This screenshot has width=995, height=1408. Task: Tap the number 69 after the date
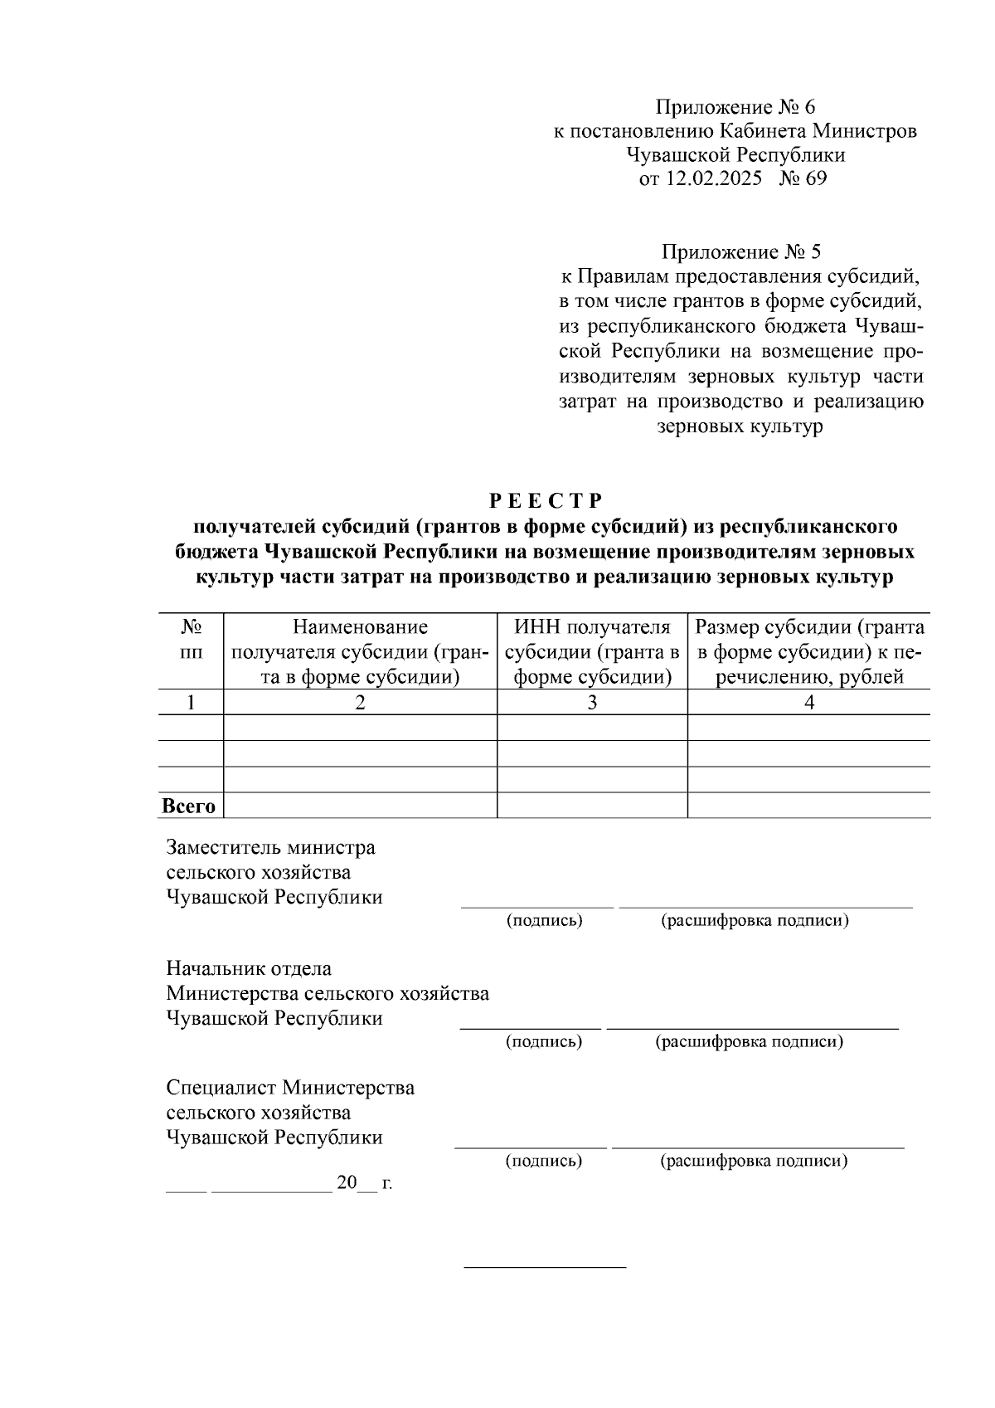click(x=814, y=178)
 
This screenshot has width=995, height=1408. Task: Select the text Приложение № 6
click(x=735, y=107)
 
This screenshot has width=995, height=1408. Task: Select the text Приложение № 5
click(x=740, y=251)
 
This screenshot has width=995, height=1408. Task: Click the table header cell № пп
click(x=191, y=640)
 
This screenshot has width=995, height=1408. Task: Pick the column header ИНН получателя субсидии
click(x=592, y=652)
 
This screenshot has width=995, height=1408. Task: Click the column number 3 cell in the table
click(x=592, y=703)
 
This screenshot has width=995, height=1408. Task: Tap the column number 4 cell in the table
click(x=809, y=703)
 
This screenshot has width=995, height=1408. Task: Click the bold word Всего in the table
click(x=188, y=806)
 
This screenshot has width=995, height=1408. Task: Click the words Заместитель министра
click(x=270, y=847)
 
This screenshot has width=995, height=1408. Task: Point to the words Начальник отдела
click(x=249, y=968)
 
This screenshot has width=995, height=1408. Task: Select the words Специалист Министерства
click(x=290, y=1088)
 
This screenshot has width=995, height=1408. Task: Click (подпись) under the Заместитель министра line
click(x=545, y=921)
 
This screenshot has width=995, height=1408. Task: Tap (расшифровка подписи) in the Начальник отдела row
click(x=750, y=1041)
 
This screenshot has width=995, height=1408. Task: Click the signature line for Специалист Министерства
click(x=531, y=1147)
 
